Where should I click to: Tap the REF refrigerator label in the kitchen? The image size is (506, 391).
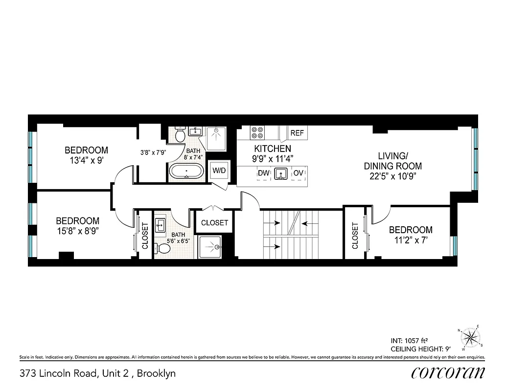[297, 133]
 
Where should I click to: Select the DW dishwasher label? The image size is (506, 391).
[263, 173]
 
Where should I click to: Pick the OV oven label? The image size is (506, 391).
[298, 173]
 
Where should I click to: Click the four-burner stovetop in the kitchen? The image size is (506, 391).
[257, 133]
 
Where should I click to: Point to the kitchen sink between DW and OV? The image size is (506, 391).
[280, 174]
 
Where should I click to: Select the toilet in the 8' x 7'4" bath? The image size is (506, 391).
[179, 133]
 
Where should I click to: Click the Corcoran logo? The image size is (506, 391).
[448, 373]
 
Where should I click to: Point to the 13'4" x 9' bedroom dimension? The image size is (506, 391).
[86, 160]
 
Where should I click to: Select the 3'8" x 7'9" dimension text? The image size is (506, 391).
[153, 152]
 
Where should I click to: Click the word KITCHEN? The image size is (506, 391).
[272, 148]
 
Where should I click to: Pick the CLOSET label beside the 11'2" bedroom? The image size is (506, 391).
[355, 236]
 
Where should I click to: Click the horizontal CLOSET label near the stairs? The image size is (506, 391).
[214, 222]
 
